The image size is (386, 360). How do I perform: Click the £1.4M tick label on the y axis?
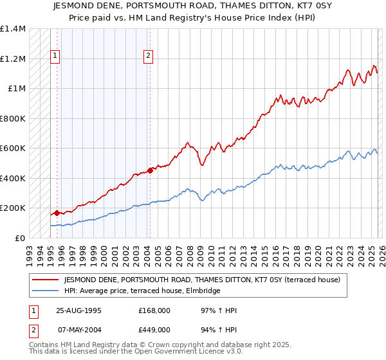[x=13, y=29]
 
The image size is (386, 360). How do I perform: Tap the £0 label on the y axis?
[x=19, y=238]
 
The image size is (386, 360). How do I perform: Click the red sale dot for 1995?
[x=57, y=213]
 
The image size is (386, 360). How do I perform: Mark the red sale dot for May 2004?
[x=150, y=170]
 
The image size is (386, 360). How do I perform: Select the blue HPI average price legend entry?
[x=142, y=291]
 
